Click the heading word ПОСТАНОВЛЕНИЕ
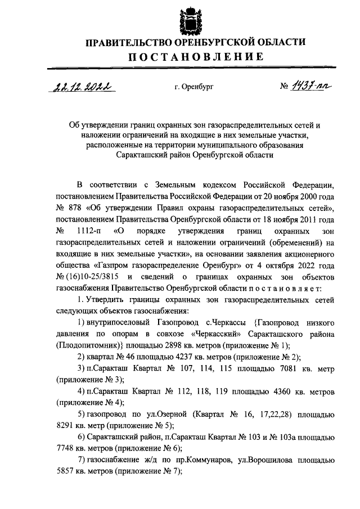[195, 57]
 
